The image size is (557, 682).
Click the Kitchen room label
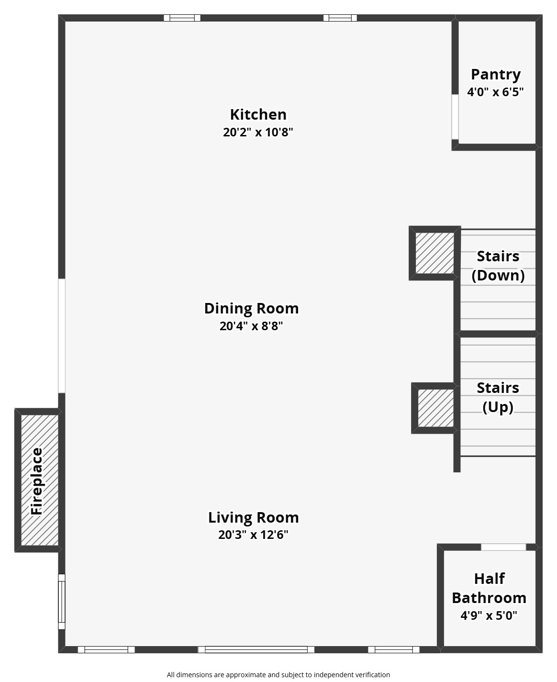(x=258, y=114)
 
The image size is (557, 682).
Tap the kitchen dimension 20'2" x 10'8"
(x=258, y=132)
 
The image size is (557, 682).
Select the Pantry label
(x=495, y=75)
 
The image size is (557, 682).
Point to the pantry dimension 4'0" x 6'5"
(x=495, y=92)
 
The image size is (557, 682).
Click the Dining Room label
(x=251, y=308)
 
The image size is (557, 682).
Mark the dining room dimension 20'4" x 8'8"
(x=251, y=326)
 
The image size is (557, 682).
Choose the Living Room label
(x=253, y=517)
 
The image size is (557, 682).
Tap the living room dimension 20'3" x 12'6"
(x=253, y=535)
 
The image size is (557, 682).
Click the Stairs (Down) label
(x=498, y=266)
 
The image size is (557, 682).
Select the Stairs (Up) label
(x=498, y=397)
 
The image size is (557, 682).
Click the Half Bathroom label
(x=489, y=588)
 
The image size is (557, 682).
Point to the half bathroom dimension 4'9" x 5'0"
(x=489, y=615)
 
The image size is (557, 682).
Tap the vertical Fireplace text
(x=37, y=481)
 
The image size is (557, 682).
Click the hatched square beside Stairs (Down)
(x=434, y=253)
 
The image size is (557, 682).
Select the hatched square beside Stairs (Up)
(x=435, y=408)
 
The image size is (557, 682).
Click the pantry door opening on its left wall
(x=455, y=117)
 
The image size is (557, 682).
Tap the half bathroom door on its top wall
(x=503, y=547)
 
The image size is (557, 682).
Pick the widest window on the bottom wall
(x=256, y=649)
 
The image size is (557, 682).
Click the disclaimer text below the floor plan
(x=278, y=675)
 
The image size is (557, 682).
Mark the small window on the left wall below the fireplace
(x=61, y=602)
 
